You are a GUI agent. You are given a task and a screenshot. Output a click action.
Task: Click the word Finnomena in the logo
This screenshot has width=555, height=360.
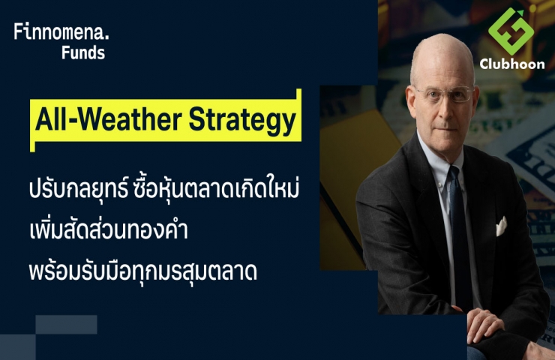click(58, 31)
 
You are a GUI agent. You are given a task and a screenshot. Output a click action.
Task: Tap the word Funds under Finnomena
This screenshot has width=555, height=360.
click(83, 52)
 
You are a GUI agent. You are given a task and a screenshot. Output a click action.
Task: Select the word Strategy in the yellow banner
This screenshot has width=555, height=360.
click(242, 120)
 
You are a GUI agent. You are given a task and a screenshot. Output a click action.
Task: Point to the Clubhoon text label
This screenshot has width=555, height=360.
click(512, 64)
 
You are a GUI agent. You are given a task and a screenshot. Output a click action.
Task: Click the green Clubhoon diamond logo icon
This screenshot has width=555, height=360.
click(511, 31)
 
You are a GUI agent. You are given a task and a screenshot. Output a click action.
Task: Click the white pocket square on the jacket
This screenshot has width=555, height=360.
click(501, 226)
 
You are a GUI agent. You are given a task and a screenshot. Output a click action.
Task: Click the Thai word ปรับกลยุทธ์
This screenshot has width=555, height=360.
click(78, 189)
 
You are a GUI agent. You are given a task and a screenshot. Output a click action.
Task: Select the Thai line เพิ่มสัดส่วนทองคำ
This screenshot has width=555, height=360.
click(109, 230)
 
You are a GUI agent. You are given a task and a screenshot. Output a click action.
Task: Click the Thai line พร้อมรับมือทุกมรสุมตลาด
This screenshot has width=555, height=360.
click(143, 272)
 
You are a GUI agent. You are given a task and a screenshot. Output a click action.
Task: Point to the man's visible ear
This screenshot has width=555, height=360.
click(410, 101)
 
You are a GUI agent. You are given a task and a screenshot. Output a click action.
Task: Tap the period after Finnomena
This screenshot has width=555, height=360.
click(107, 37)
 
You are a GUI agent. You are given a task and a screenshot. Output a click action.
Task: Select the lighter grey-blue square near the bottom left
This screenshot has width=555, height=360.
click(66, 325)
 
